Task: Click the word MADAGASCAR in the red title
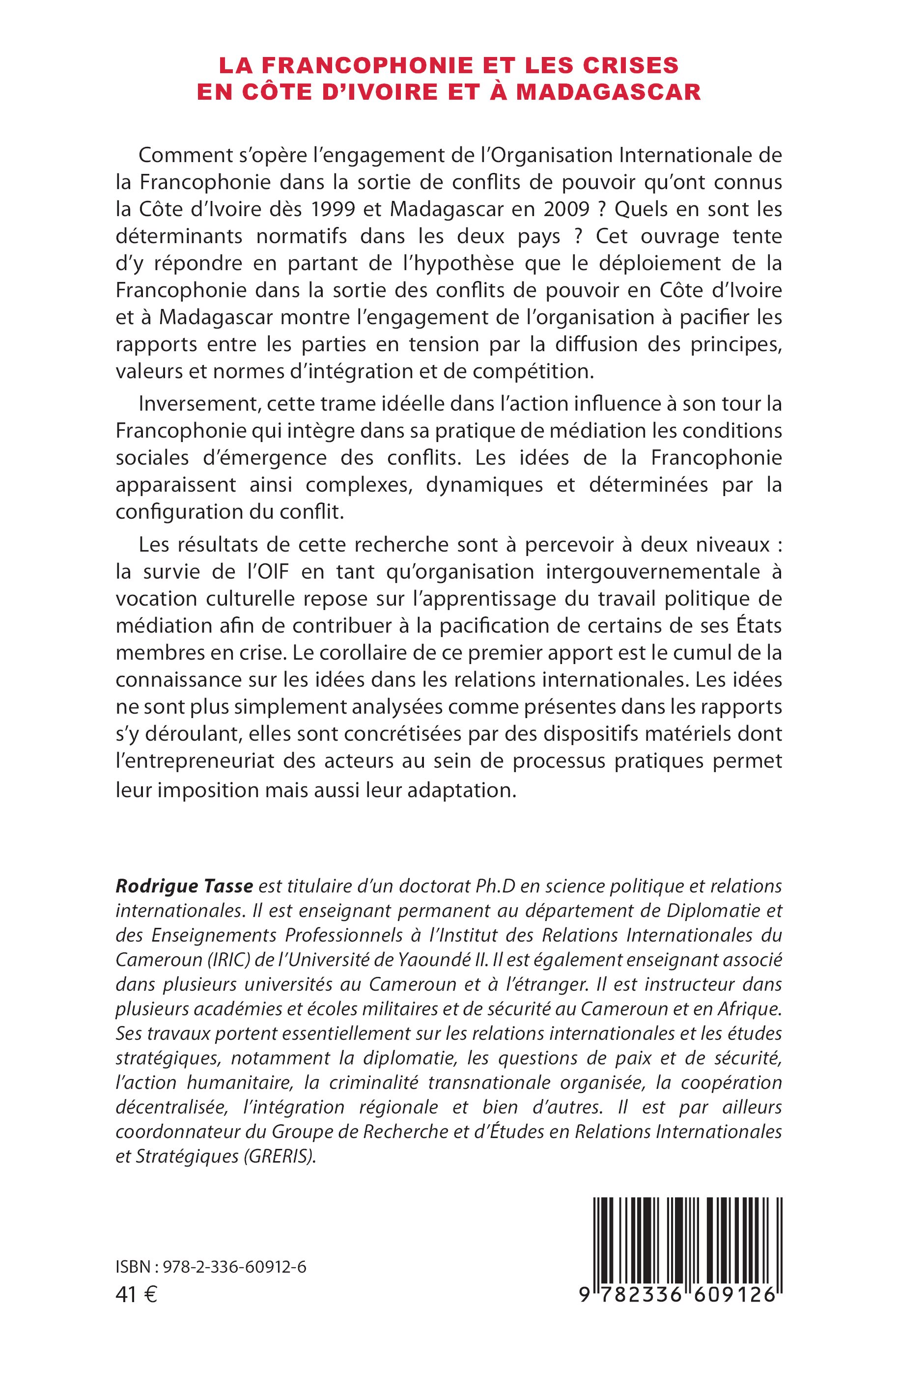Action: pos(608,92)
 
